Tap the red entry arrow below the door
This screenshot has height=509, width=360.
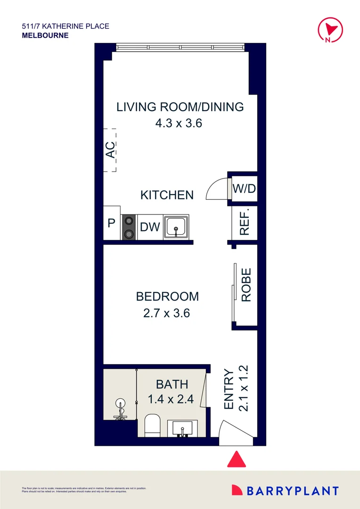click(x=237, y=460)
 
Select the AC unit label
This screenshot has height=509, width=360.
click(x=110, y=150)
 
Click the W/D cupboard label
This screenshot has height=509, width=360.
click(x=244, y=189)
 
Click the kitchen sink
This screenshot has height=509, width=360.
click(x=176, y=228)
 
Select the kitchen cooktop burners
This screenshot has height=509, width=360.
click(x=129, y=228)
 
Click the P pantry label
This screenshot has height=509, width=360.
click(x=112, y=223)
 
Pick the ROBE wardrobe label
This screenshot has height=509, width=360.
click(x=246, y=285)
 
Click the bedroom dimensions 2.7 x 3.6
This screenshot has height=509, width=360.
click(x=167, y=312)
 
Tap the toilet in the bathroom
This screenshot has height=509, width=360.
click(x=153, y=425)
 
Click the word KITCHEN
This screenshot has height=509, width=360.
click(x=167, y=195)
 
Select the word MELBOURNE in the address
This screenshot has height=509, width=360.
click(x=45, y=35)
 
